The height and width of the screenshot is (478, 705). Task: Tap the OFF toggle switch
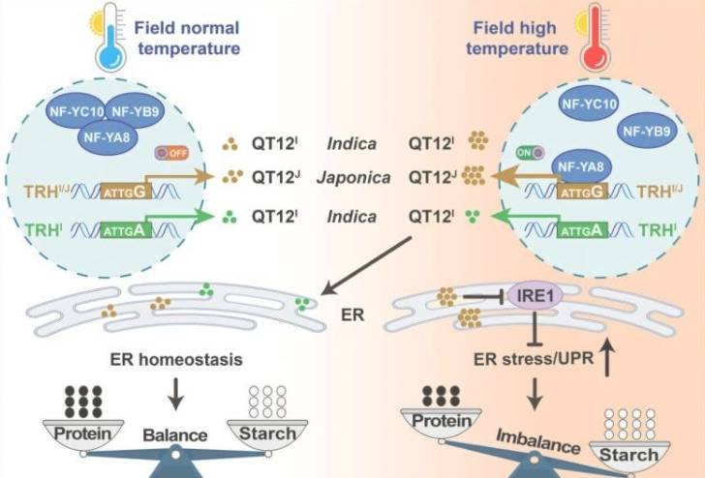tap(173, 153)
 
